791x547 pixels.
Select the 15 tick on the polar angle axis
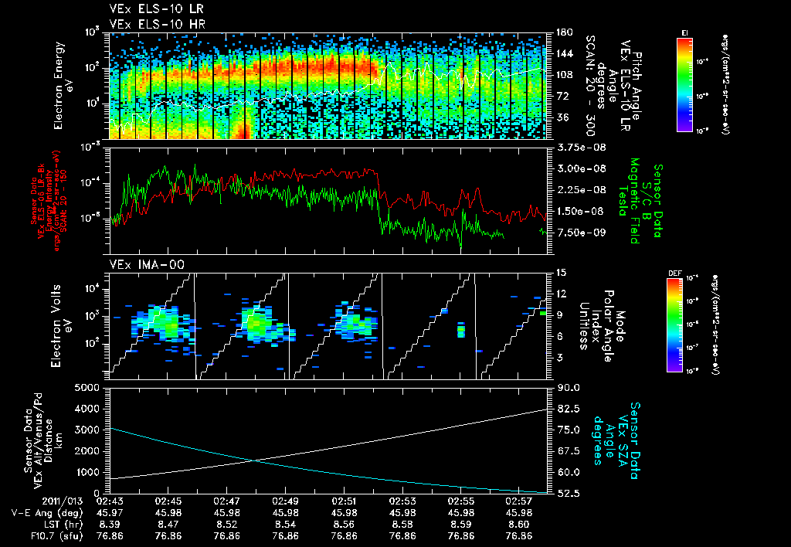click(x=558, y=273)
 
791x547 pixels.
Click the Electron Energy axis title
click(x=63, y=85)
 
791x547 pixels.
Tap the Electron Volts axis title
click(x=63, y=323)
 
